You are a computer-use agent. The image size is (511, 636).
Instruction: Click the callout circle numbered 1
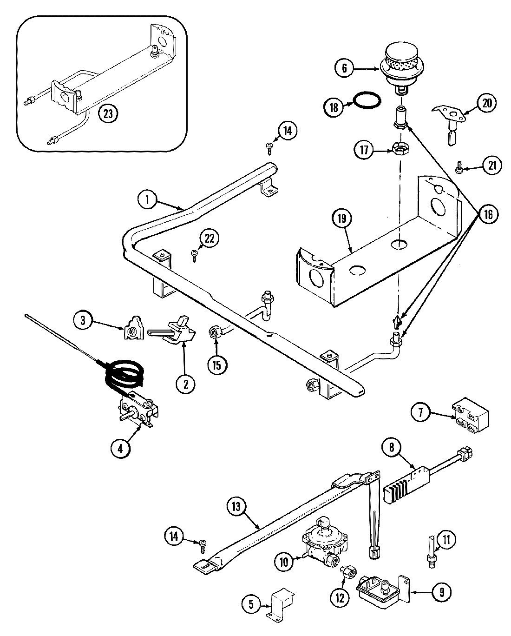pos(147,200)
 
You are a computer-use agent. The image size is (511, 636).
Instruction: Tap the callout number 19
pos(342,219)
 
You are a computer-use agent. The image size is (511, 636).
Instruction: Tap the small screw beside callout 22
pos(193,253)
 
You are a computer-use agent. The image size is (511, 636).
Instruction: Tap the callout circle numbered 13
pos(237,507)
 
